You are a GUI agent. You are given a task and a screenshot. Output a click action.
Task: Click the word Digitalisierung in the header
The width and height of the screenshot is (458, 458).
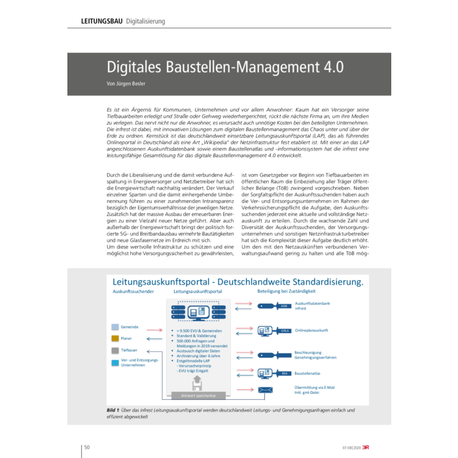[x=145, y=21]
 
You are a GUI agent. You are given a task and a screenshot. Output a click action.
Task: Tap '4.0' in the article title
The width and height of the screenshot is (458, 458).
[x=330, y=67]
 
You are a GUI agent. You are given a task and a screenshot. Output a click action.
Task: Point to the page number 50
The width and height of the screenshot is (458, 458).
[x=86, y=447]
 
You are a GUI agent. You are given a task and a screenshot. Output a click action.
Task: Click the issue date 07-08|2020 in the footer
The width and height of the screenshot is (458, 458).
[x=349, y=448]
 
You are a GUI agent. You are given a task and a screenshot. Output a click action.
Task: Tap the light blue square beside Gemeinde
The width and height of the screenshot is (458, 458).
[x=115, y=326]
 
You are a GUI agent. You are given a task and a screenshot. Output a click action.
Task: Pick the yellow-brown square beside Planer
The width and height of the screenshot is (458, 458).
[x=115, y=338]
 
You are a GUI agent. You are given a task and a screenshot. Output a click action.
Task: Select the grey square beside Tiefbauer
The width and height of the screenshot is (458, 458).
[x=115, y=351]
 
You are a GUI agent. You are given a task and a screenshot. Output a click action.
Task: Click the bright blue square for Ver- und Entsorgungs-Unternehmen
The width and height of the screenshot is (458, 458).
[x=115, y=362]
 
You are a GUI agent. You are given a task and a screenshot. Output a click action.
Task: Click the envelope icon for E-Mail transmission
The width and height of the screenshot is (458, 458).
[x=265, y=389]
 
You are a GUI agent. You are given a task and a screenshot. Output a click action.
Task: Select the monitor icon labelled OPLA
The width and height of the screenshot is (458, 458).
[x=268, y=331]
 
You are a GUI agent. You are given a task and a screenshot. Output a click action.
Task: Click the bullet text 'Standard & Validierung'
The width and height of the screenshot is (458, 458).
[x=196, y=336]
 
